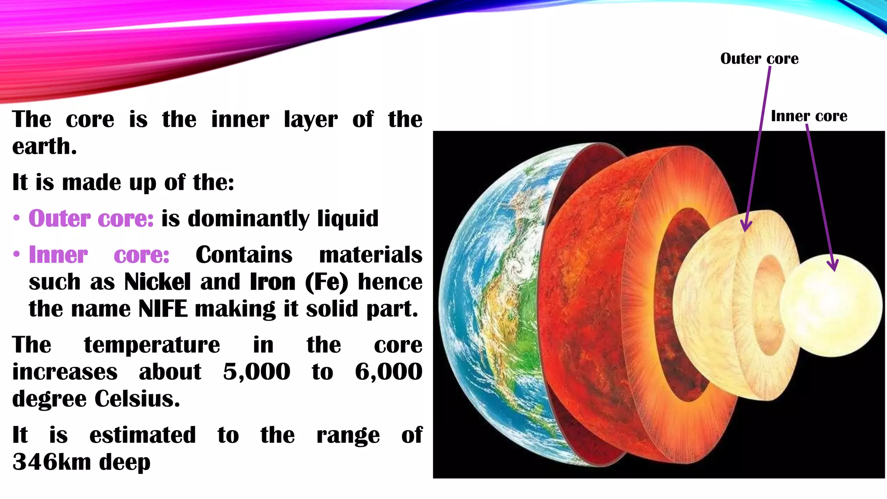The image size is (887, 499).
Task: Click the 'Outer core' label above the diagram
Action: (759, 58)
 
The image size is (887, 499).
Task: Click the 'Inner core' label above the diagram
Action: (809, 116)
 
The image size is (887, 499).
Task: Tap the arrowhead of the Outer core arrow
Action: (746, 226)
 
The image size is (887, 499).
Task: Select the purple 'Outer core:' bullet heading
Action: (91, 218)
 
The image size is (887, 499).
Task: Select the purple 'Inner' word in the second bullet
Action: (58, 255)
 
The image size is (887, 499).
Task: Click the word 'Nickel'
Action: (157, 282)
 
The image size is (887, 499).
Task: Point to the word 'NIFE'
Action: (163, 309)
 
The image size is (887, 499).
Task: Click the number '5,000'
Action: (256, 372)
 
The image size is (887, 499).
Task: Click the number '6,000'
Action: (388, 372)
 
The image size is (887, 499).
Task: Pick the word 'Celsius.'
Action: (137, 399)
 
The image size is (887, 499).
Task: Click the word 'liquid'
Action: (348, 218)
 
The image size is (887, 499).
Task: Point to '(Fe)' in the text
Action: (327, 282)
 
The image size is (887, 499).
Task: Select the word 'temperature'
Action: (152, 345)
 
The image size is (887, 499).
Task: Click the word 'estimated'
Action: (142, 435)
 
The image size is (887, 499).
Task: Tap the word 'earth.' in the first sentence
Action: (45, 146)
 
